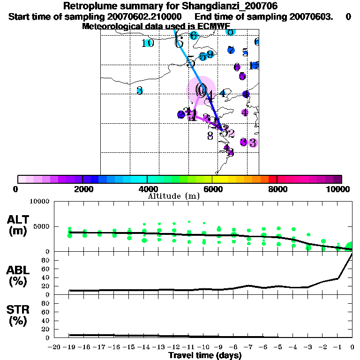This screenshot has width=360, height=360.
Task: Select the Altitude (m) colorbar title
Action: (173, 196)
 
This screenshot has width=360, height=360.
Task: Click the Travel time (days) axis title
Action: (205, 355)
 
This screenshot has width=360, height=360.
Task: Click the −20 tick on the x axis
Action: (54, 347)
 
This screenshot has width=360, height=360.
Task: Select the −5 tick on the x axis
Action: (278, 347)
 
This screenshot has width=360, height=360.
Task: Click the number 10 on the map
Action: (148, 43)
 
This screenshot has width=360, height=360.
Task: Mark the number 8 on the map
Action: (210, 135)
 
